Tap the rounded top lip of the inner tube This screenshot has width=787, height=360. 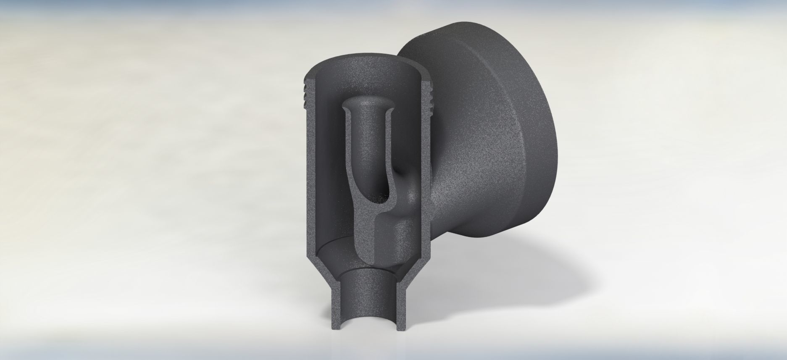(369, 102)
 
